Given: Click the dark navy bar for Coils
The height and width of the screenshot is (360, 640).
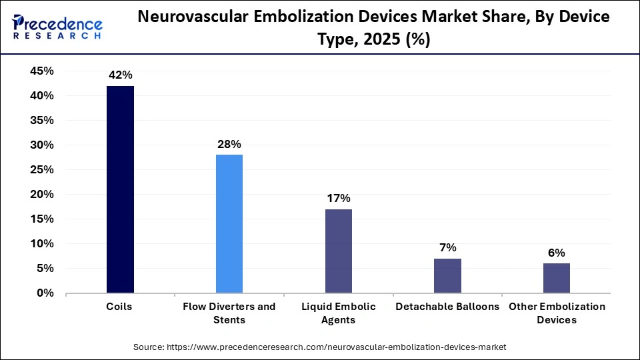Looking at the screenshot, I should point(120,189).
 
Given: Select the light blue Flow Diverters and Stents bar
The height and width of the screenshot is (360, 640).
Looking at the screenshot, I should point(229,223).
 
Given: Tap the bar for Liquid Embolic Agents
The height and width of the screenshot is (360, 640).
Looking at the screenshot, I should point(338,251).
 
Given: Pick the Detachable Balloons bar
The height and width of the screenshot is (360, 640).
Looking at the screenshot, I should point(447,275).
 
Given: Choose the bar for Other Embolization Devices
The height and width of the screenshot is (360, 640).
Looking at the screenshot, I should point(557,278).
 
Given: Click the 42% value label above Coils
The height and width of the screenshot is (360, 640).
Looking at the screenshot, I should point(120,75).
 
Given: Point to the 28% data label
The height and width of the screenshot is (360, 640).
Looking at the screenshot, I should point(229,144).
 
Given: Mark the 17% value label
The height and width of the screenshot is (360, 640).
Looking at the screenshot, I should point(338,198).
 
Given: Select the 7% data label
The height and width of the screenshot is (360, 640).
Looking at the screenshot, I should point(447,247).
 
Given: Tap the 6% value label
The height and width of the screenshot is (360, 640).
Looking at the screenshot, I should point(557,253).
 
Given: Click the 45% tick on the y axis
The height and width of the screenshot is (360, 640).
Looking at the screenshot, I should point(41,71).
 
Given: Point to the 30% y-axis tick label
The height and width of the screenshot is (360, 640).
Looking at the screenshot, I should point(41,145).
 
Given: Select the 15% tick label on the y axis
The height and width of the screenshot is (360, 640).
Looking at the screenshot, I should point(41,219).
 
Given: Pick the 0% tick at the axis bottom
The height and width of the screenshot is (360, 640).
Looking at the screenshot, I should point(45,293).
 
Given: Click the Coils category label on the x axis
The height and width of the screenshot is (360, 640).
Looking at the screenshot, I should point(120,307).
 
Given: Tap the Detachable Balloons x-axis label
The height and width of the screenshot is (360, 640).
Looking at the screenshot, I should point(447,307).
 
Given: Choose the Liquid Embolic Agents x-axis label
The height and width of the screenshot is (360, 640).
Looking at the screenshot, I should point(338,313).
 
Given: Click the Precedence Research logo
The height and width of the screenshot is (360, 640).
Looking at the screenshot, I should point(57,27).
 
